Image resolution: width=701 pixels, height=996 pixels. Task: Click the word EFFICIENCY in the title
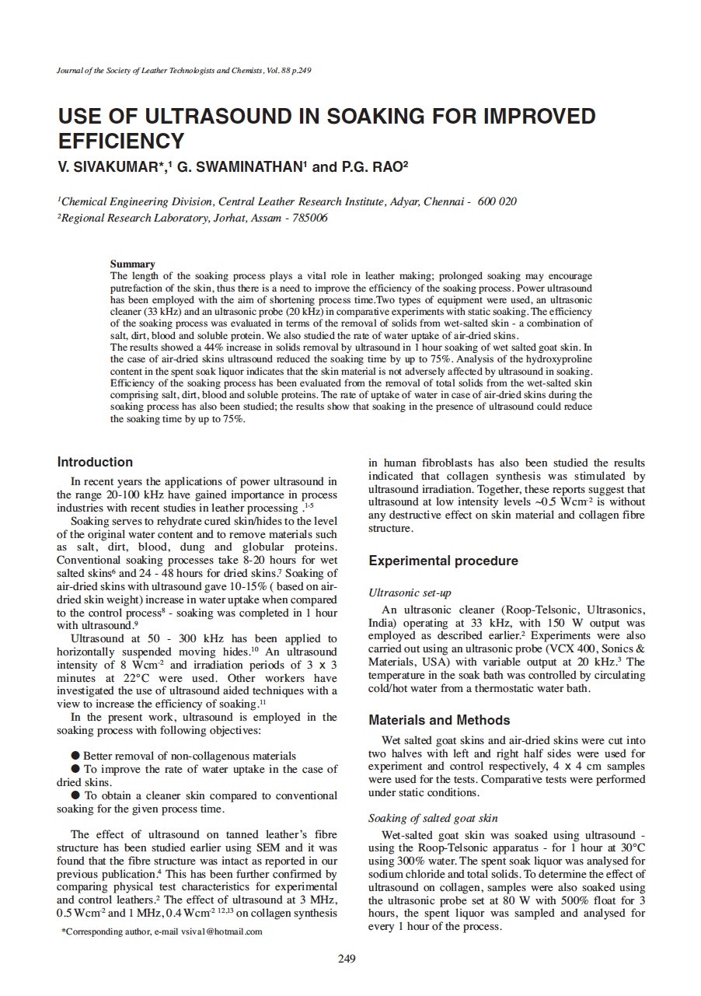[121, 142]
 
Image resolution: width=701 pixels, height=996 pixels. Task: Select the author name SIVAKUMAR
[115, 167]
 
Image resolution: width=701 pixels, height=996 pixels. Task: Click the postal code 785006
[310, 218]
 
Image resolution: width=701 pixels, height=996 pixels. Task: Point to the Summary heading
[132, 264]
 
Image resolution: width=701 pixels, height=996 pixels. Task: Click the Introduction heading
[95, 462]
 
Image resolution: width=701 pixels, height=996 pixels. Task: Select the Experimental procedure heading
[443, 561]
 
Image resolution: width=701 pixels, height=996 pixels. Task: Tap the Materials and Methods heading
[439, 720]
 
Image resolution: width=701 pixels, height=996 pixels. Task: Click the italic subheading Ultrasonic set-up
[410, 592]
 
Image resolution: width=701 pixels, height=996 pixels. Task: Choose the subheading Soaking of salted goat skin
[433, 818]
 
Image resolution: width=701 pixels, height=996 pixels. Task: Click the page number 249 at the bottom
[347, 959]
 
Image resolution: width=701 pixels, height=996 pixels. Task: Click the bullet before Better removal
[75, 755]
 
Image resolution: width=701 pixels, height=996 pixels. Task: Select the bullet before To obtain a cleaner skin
[75, 795]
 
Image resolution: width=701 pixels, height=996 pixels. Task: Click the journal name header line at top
[184, 71]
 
